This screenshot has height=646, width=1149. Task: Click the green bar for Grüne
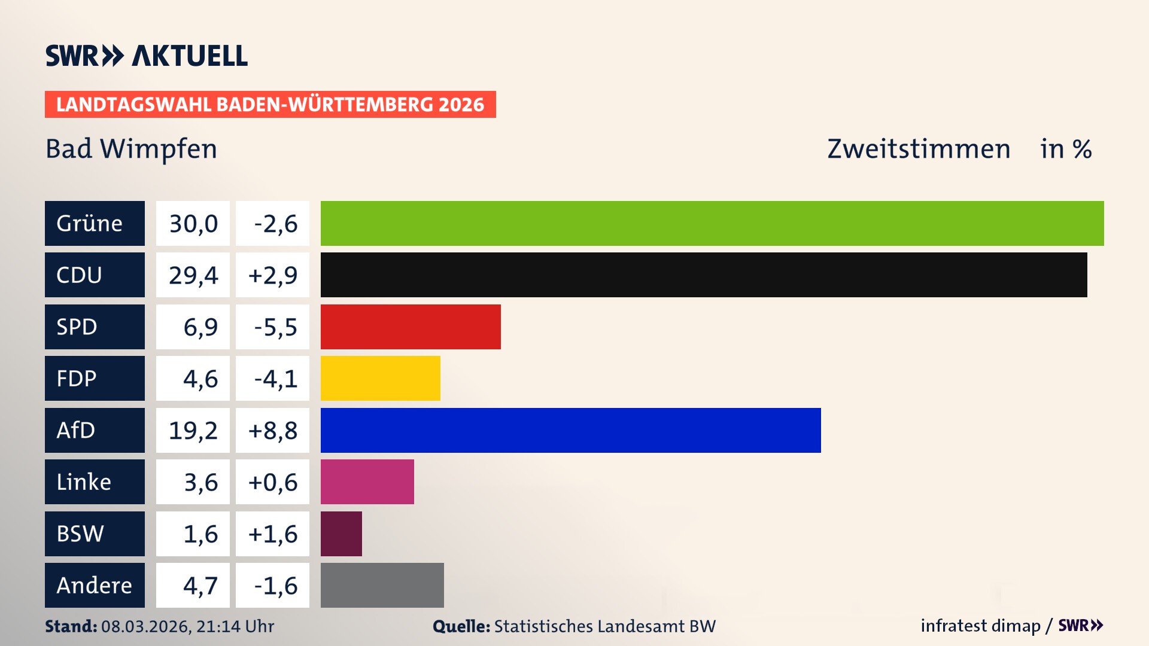pyautogui.click(x=712, y=223)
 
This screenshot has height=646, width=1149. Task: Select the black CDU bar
pyautogui.click(x=704, y=275)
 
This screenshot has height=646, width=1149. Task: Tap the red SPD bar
pyautogui.click(x=411, y=327)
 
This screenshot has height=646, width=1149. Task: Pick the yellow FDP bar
pyautogui.click(x=380, y=378)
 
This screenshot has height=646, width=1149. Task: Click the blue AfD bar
pyautogui.click(x=570, y=430)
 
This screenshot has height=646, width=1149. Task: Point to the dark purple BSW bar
pyautogui.click(x=341, y=534)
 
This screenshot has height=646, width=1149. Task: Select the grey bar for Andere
pyautogui.click(x=382, y=585)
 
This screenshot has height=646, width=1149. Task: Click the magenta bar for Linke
pyautogui.click(x=367, y=482)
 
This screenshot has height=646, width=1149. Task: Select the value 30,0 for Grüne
pyautogui.click(x=193, y=223)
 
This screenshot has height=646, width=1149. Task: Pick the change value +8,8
pyautogui.click(x=272, y=430)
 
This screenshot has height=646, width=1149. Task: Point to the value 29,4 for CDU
pyautogui.click(x=193, y=275)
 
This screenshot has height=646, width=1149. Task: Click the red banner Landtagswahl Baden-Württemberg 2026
pyautogui.click(x=270, y=104)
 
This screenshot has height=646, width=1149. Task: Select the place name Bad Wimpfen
pyautogui.click(x=131, y=148)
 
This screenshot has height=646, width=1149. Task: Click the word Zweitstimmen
pyautogui.click(x=919, y=148)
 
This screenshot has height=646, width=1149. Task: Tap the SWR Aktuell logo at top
pyautogui.click(x=147, y=56)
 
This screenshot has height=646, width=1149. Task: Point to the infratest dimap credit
pyautogui.click(x=980, y=626)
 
